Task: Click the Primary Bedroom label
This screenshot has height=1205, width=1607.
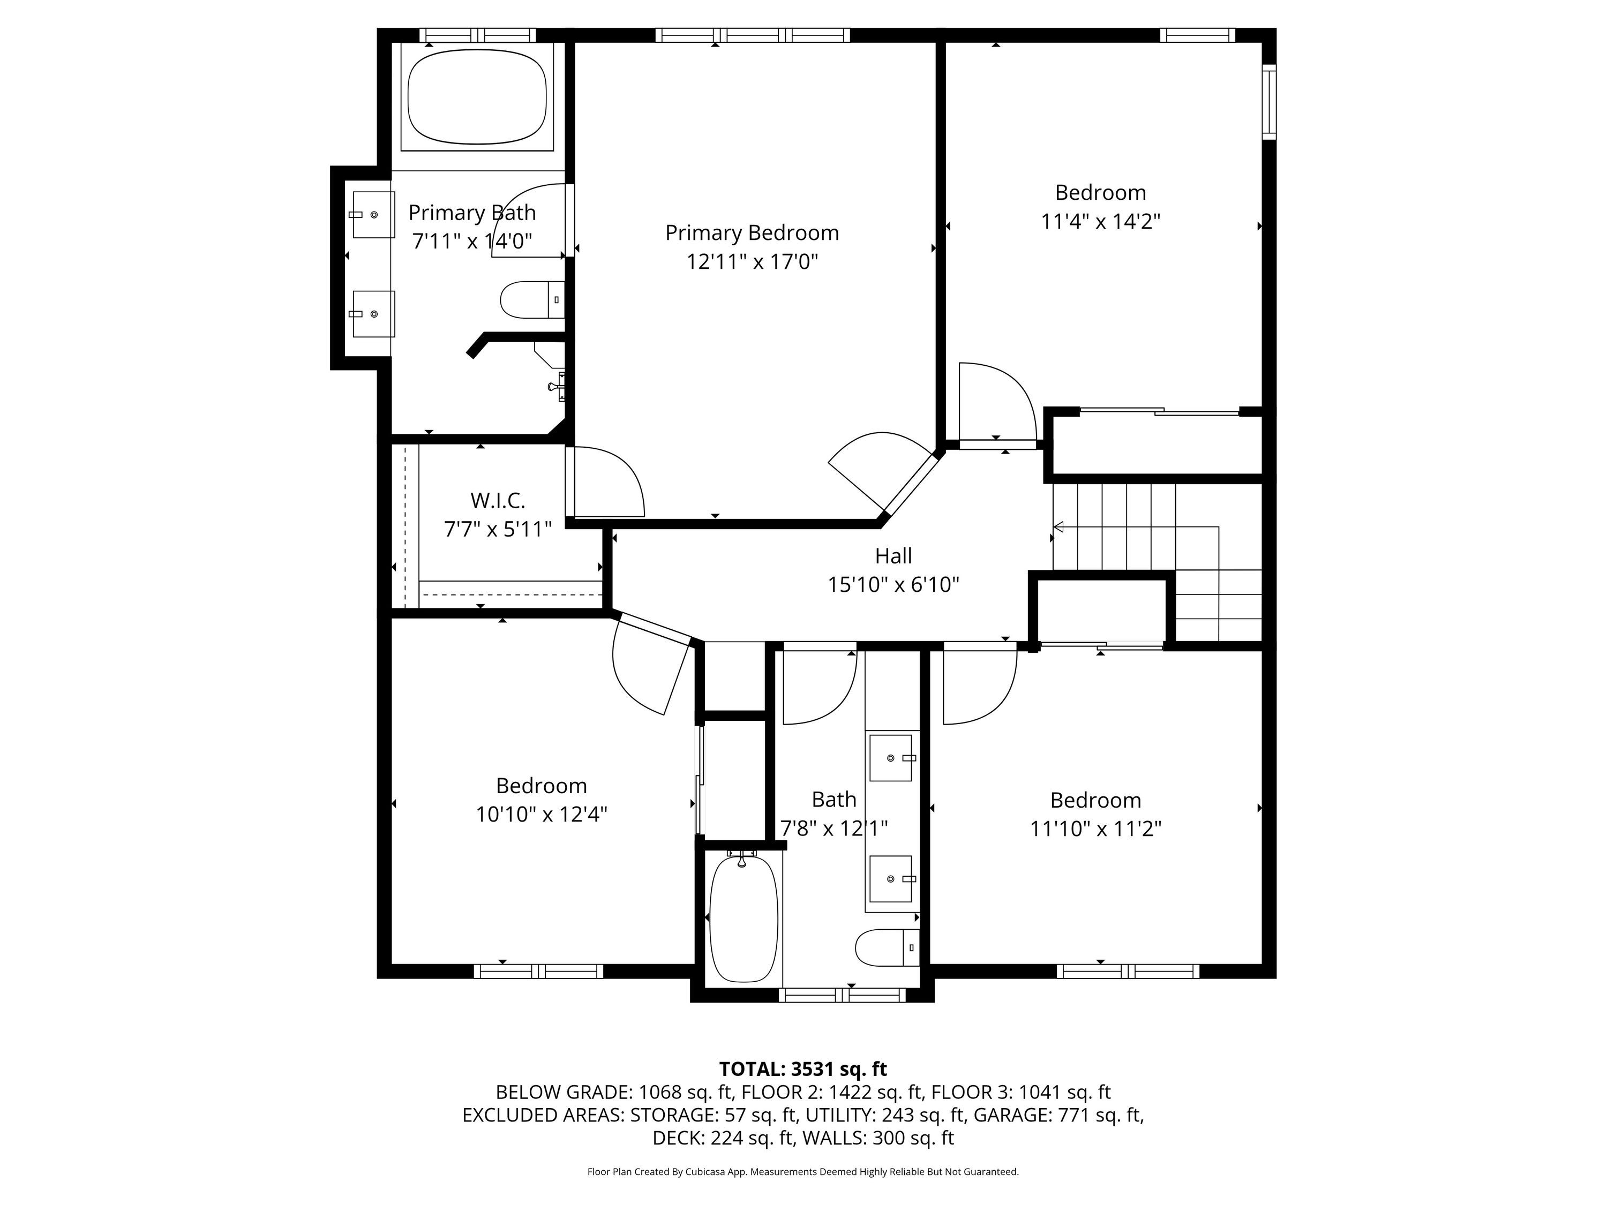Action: (x=752, y=233)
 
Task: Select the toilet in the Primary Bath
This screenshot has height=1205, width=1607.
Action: (x=532, y=300)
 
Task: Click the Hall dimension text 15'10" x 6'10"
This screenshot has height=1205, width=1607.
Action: (x=893, y=585)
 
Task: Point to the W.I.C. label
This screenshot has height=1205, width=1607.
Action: (x=498, y=500)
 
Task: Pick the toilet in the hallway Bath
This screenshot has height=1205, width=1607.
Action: (x=887, y=948)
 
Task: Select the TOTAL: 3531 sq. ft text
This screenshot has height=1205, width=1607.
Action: (x=803, y=1069)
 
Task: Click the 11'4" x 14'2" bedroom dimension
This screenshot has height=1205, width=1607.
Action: (x=1101, y=222)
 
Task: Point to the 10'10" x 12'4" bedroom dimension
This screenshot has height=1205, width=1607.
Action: (x=541, y=814)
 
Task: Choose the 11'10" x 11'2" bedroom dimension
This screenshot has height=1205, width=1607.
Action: (x=1095, y=829)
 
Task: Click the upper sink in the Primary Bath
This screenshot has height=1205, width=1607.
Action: (x=373, y=215)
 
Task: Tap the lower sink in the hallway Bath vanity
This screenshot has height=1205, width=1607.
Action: (x=891, y=879)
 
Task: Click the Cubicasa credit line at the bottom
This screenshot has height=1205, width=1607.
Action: (x=803, y=1172)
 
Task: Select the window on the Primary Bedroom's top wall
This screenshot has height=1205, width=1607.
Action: (x=753, y=35)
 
